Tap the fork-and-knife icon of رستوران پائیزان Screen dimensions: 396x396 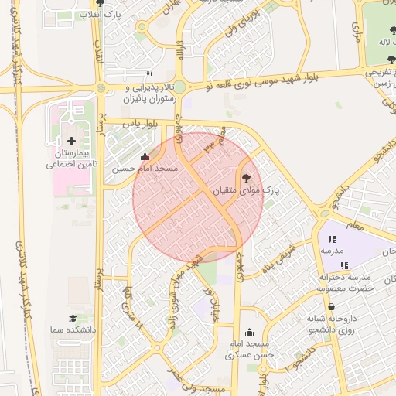(x=149, y=75)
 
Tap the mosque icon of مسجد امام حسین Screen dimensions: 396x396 (x=145, y=157)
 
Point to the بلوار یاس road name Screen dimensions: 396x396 (x=148, y=125)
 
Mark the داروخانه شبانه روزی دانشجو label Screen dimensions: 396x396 (x=337, y=322)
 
